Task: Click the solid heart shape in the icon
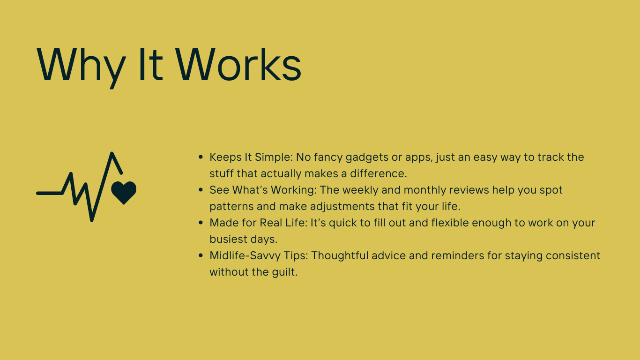coord(124,193)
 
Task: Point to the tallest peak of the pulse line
coord(112,154)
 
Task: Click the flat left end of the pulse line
coord(37,193)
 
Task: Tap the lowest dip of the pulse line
coord(92,220)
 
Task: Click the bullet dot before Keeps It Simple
coord(201,157)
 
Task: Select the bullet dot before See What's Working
coord(201,190)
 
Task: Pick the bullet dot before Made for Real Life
coord(201,223)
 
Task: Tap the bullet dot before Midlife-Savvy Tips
coord(201,255)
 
